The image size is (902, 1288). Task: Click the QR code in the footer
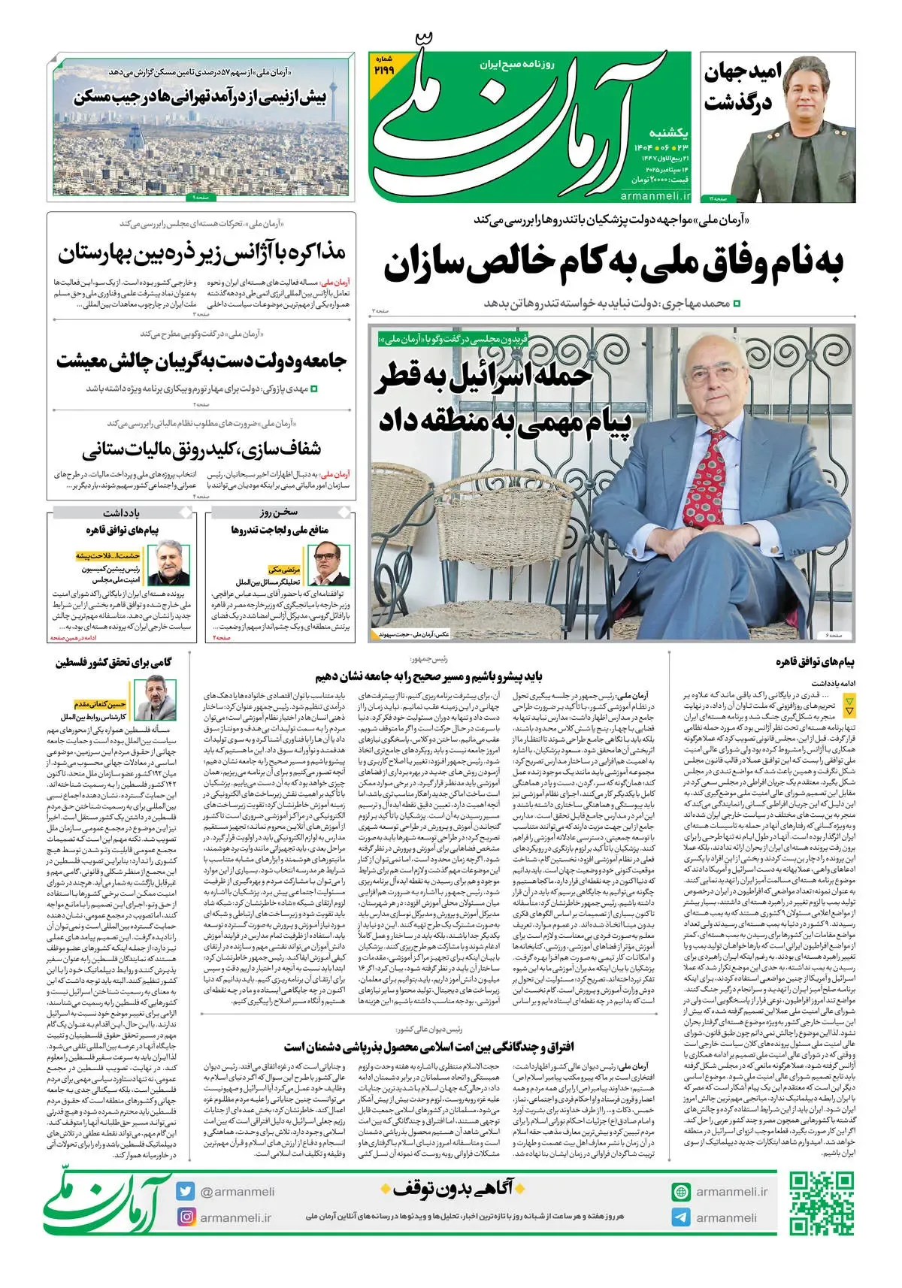[822, 1203]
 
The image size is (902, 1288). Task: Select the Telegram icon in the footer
[681, 1217]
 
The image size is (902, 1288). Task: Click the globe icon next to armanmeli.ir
[681, 1192]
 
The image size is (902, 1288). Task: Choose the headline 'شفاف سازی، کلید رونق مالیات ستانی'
[201, 449]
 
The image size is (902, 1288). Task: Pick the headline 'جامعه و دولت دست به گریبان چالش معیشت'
[201, 361]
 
